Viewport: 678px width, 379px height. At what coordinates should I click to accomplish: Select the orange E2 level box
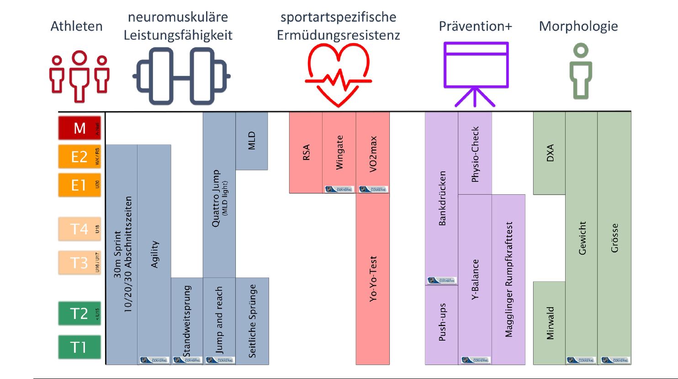click(x=79, y=156)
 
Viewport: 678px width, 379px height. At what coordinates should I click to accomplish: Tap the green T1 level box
click(x=79, y=347)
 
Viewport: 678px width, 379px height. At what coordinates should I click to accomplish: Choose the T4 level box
click(x=79, y=229)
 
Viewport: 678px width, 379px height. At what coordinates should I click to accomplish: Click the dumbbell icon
click(x=181, y=76)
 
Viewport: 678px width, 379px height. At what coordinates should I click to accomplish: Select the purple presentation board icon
click(x=476, y=73)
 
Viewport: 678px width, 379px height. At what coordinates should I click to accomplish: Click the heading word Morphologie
click(x=578, y=26)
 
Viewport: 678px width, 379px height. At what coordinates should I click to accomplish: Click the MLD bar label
click(x=251, y=140)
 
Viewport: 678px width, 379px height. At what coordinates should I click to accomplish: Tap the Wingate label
click(x=339, y=152)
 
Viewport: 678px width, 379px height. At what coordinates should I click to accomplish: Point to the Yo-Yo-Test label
click(x=373, y=279)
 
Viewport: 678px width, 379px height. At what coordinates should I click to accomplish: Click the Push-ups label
click(x=442, y=322)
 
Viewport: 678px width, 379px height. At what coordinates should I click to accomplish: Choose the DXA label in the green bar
click(x=550, y=153)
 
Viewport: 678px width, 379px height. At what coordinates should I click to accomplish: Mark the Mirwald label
click(x=550, y=323)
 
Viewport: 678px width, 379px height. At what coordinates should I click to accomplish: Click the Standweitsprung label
click(x=187, y=321)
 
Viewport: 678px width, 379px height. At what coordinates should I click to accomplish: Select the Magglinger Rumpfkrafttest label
click(x=509, y=280)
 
